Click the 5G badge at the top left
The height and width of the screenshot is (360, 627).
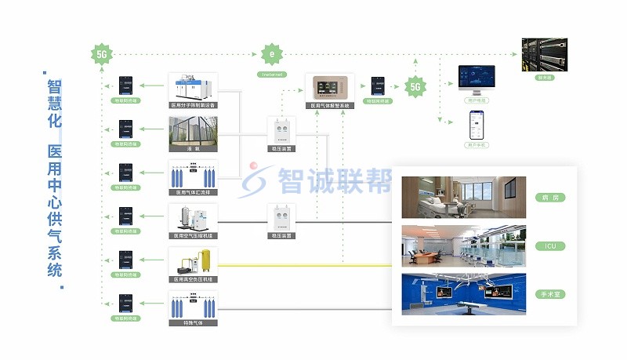(102, 55)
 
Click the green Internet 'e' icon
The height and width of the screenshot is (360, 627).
(271, 55)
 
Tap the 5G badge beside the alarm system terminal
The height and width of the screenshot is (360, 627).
(415, 87)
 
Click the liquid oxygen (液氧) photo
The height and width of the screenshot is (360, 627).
(193, 132)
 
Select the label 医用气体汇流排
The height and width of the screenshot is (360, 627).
(193, 191)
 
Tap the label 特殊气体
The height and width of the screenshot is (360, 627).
(193, 322)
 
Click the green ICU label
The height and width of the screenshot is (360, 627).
(549, 246)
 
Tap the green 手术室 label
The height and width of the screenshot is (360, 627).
(549, 295)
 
